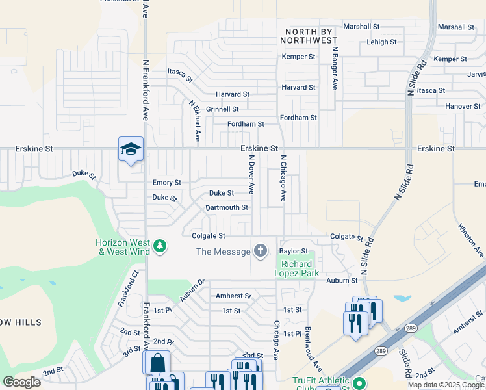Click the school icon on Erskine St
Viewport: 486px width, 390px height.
[x=131, y=149]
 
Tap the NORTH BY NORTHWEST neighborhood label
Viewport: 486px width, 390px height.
[x=309, y=36]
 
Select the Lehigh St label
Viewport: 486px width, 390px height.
[x=381, y=42]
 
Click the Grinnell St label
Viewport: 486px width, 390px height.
[x=222, y=109]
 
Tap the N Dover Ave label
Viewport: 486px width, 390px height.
[x=251, y=174]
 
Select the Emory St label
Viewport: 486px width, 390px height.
[x=166, y=183]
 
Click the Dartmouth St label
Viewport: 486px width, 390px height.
[x=227, y=207]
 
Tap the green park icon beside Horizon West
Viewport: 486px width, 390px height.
[x=160, y=246]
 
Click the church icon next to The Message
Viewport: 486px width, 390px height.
[x=261, y=251]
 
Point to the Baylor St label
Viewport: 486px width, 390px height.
[x=293, y=250]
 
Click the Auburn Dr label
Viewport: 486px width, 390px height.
[x=192, y=290]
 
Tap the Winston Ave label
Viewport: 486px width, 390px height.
[x=470, y=240]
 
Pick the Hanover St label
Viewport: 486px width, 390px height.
[x=463, y=106]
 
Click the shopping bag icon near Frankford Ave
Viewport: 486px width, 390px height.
[x=157, y=362]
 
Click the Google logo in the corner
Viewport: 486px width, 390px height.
[x=21, y=382]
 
